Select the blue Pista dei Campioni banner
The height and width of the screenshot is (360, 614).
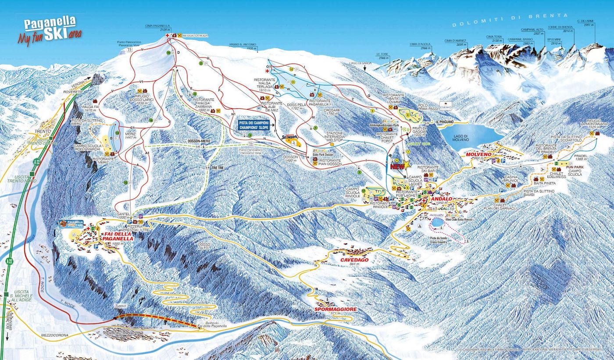pos(254,125)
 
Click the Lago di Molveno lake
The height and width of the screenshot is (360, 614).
pos(469,135)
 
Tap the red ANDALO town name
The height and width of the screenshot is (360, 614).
pos(441,199)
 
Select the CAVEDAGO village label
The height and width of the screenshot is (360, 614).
pos(354,260)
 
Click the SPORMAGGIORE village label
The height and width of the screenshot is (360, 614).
pos(336,309)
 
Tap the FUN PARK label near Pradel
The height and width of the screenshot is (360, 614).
pos(574,168)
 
